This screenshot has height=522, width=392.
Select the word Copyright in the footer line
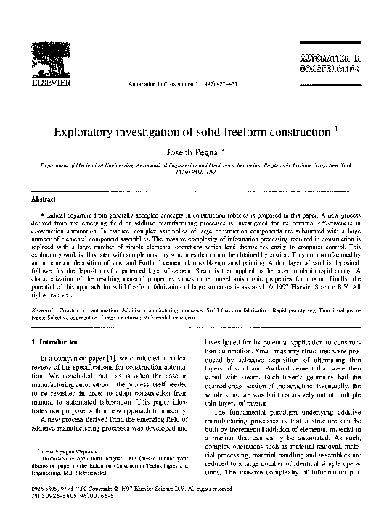109,499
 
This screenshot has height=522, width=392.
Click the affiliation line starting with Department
196,166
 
